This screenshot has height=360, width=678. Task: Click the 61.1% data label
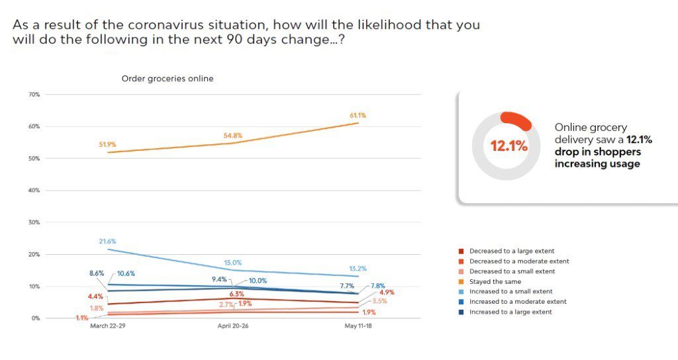(358, 115)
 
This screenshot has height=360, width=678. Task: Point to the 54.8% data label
(233, 136)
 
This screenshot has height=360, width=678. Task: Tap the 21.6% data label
(106, 241)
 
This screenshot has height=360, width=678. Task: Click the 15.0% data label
(233, 262)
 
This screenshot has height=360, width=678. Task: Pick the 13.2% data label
(358, 269)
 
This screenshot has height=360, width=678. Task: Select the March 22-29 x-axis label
(109, 326)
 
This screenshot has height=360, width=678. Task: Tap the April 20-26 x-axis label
(233, 326)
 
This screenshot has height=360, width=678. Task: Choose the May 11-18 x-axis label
(358, 326)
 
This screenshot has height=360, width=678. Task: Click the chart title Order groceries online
(167, 79)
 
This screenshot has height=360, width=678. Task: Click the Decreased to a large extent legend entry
(511, 251)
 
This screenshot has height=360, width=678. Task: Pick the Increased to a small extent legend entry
(510, 291)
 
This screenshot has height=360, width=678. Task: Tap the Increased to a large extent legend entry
(510, 312)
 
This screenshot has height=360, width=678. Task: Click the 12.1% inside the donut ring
(508, 146)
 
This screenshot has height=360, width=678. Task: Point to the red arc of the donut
(517, 120)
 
